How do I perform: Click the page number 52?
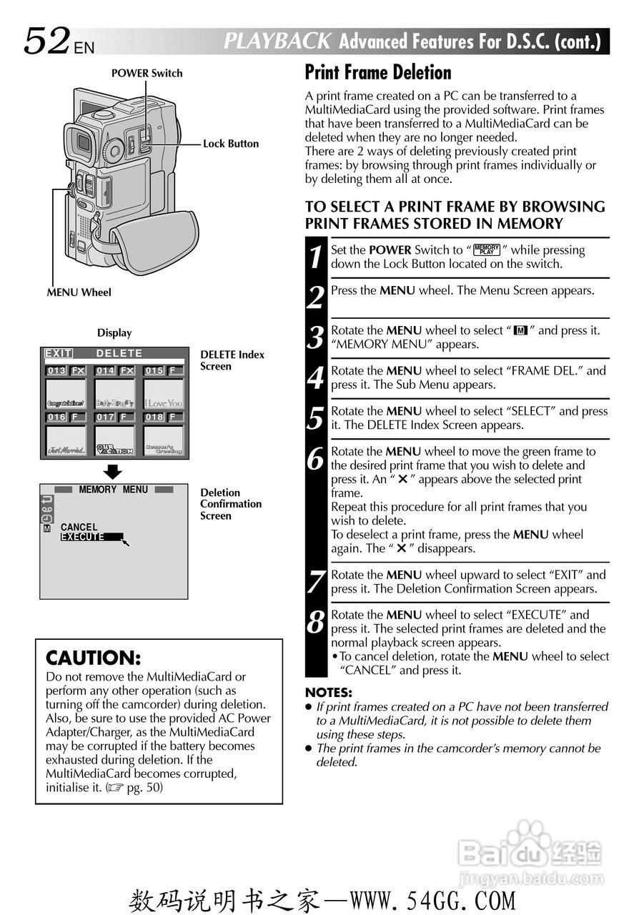point(47,41)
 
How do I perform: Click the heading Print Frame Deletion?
point(378,73)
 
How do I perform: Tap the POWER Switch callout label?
point(147,73)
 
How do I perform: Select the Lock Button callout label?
point(231,144)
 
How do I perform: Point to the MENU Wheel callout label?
point(79,292)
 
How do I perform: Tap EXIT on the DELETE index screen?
point(58,353)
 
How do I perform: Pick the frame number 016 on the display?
point(57,417)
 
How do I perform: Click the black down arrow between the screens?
point(114,472)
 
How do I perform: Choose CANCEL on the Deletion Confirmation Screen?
point(79,527)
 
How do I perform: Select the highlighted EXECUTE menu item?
point(83,537)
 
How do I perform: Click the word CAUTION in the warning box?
point(93,658)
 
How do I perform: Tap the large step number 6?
point(316,457)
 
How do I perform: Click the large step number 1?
point(316,257)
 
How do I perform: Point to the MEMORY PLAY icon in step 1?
point(487,249)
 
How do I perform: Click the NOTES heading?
point(329,692)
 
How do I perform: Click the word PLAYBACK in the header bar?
point(277,41)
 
